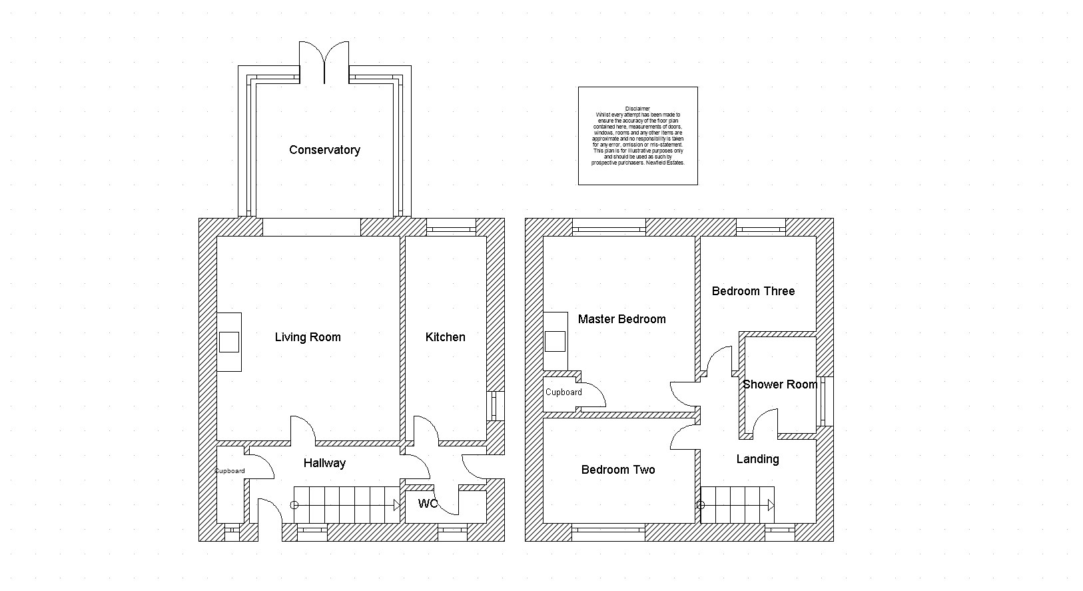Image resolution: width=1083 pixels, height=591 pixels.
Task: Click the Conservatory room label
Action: click(x=324, y=150)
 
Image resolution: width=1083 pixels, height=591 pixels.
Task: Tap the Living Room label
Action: click(x=308, y=337)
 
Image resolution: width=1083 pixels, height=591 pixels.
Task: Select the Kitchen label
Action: click(x=445, y=337)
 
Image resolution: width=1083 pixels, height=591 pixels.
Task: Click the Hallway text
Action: click(x=324, y=463)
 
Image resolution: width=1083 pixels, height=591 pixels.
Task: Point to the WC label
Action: click(x=428, y=504)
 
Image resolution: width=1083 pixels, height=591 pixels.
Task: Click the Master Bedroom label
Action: click(x=621, y=319)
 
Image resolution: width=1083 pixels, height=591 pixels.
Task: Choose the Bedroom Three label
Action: click(x=753, y=291)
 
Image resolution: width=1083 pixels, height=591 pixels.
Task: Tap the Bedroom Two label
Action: click(x=617, y=470)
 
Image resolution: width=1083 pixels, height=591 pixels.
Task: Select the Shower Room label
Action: click(x=779, y=384)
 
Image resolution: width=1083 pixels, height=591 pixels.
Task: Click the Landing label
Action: click(x=757, y=459)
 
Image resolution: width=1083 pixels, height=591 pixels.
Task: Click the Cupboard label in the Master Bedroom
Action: click(x=563, y=392)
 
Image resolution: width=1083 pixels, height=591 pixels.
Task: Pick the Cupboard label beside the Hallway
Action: click(x=230, y=471)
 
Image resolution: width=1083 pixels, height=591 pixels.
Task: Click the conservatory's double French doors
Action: click(x=324, y=61)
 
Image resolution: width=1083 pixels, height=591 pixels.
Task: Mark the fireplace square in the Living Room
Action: click(x=229, y=342)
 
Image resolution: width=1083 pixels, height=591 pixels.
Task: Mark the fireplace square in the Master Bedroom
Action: click(x=555, y=341)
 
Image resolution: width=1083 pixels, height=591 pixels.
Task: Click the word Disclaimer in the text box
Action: click(x=637, y=109)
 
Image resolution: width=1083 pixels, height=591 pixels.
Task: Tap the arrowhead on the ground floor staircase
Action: click(x=396, y=506)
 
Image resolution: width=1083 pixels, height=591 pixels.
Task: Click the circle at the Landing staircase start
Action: click(x=701, y=506)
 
